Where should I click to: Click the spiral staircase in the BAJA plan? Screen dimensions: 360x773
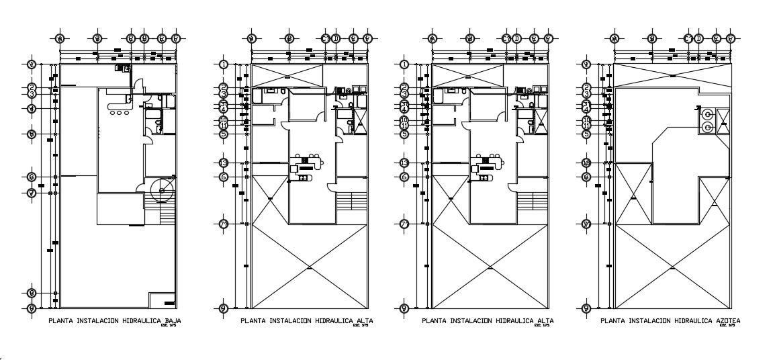click(x=161, y=191)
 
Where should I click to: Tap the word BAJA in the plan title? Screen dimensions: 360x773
click(x=172, y=321)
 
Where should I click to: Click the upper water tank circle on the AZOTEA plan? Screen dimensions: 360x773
click(x=707, y=114)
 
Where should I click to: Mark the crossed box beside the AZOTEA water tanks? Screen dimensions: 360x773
click(x=723, y=121)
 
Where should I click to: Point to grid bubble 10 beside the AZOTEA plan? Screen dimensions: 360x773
click(x=586, y=120)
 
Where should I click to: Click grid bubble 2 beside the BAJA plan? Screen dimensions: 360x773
click(x=32, y=87)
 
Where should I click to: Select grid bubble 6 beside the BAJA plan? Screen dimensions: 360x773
click(x=32, y=177)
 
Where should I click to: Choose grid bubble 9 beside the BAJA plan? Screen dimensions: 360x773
click(x=32, y=308)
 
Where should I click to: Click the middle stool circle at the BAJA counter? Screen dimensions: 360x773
click(x=120, y=113)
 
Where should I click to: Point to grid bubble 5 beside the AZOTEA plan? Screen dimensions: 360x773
click(x=586, y=134)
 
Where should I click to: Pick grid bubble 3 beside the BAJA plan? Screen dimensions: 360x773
click(x=32, y=94)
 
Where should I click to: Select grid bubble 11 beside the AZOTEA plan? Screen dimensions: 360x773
click(x=586, y=126)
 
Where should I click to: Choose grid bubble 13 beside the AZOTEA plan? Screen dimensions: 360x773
click(x=586, y=163)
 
